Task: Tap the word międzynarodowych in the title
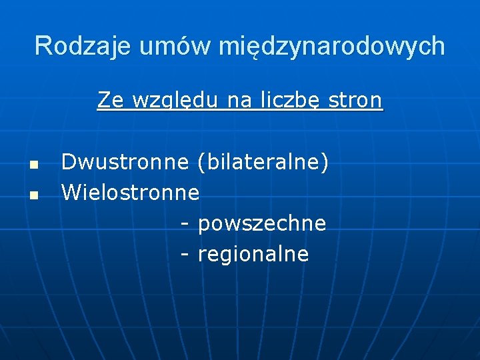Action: click(x=331, y=46)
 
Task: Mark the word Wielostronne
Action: click(x=131, y=193)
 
